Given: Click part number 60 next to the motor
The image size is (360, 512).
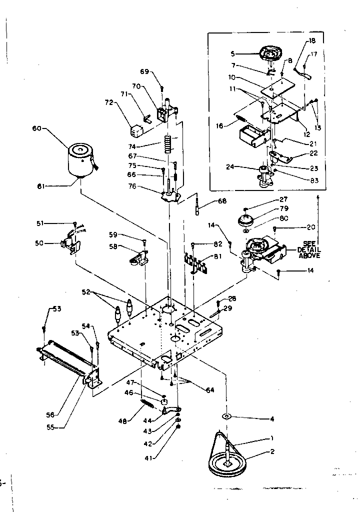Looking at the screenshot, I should pyautogui.click(x=36, y=128).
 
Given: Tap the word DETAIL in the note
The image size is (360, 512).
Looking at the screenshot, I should pyautogui.click(x=308, y=249).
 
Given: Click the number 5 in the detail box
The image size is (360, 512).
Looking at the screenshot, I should pyautogui.click(x=232, y=53).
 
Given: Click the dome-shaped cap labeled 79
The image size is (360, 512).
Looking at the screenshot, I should pyautogui.click(x=245, y=218).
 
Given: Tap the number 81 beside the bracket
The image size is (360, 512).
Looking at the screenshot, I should pyautogui.click(x=217, y=257).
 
